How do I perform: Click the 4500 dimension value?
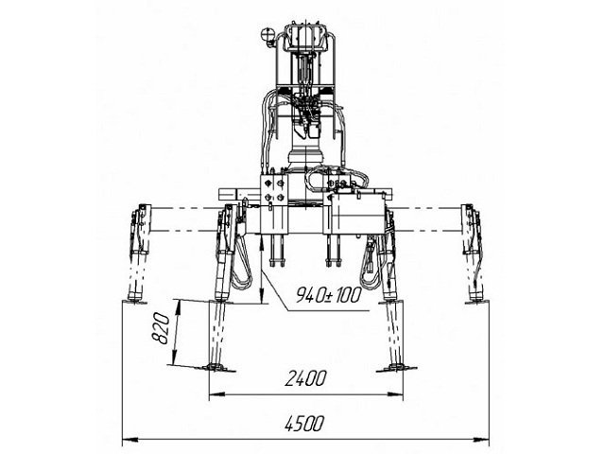click(x=304, y=424)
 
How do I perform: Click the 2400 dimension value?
click(x=305, y=378)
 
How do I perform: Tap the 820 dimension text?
click(x=161, y=328)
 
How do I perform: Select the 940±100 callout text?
click(x=329, y=295)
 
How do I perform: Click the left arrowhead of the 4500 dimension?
click(x=130, y=439)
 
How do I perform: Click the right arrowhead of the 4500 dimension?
click(x=481, y=439)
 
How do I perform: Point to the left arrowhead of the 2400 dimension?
click(x=216, y=394)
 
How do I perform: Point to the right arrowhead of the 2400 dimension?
click(x=394, y=394)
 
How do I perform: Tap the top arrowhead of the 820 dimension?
click(x=178, y=307)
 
